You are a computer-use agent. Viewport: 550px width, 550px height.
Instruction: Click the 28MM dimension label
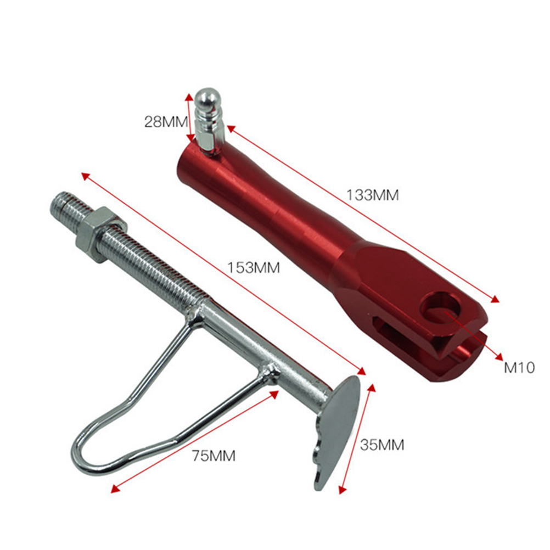(166, 122)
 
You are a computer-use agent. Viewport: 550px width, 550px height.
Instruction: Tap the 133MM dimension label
(373, 195)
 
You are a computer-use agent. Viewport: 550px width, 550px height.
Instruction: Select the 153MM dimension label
(254, 268)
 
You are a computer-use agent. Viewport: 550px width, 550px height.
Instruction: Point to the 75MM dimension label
(214, 456)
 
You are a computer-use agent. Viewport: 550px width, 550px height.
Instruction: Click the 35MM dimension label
(382, 445)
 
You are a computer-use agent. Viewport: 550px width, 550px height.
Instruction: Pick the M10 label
(519, 368)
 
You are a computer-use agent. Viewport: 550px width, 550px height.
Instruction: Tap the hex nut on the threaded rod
(101, 234)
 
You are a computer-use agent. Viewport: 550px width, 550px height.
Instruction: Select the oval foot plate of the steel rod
(336, 431)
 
